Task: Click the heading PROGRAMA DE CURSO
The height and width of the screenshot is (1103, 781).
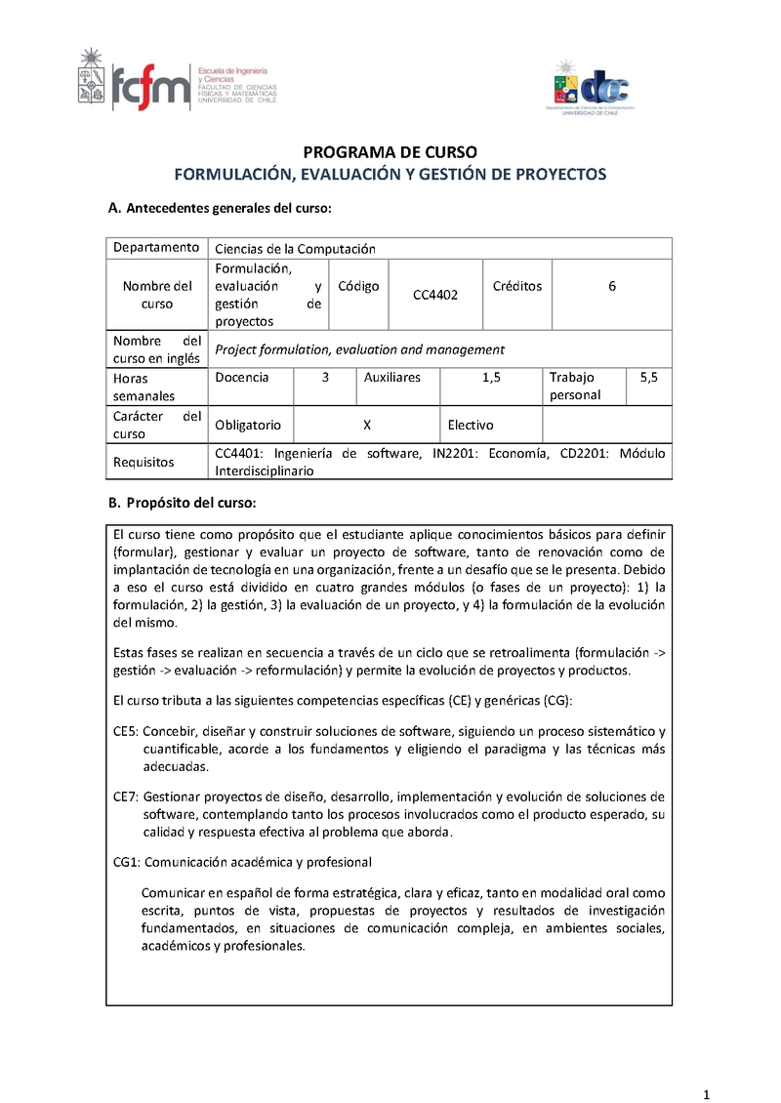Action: pos(390,152)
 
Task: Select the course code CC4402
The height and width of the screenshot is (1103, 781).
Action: pos(435,294)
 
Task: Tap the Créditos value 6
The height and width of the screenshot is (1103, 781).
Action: pos(612,286)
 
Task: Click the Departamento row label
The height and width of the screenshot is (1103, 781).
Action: pos(156,248)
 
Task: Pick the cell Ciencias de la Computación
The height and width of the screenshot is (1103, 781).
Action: pos(295,249)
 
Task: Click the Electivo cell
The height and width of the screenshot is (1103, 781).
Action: pos(471,425)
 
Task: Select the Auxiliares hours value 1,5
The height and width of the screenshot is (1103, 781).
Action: pos(491,377)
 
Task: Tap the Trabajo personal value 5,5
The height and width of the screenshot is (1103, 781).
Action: pos(648,377)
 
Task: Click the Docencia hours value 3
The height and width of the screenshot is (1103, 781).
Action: pos(325,377)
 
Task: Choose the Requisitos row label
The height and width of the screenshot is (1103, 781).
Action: pos(144,462)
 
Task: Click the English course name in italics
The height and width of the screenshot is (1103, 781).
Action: pos(359,348)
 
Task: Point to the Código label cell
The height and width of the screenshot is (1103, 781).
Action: pos(358,286)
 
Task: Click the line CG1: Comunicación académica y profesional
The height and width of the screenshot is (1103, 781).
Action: pos(242,862)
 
